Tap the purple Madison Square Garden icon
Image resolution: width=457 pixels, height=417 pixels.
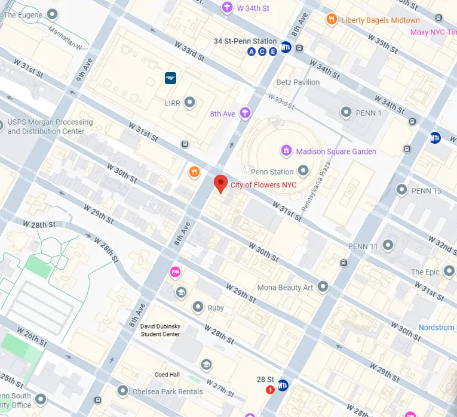(286, 151)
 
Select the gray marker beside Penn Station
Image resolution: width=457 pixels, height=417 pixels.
(303, 172)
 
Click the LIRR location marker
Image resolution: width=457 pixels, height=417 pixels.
(190, 103)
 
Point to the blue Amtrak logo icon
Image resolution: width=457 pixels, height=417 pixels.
(171, 77)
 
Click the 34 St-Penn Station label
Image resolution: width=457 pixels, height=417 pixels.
(245, 41)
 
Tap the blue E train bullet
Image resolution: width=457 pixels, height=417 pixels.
(273, 52)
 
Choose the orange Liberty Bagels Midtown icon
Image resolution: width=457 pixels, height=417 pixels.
(332, 20)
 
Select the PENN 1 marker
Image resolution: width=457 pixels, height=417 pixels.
(345, 112)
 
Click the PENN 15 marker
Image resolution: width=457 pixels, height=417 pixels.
(401, 190)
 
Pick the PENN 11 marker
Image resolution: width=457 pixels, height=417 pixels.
(388, 245)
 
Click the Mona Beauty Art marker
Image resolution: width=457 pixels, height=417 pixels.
(323, 287)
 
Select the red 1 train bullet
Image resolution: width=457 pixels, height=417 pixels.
(270, 390)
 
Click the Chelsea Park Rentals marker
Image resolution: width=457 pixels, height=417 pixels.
(122, 391)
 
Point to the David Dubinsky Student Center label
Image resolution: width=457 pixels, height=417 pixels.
(160, 330)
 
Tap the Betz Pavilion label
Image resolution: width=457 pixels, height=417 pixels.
(297, 82)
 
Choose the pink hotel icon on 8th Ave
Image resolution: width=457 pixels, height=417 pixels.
(175, 272)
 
